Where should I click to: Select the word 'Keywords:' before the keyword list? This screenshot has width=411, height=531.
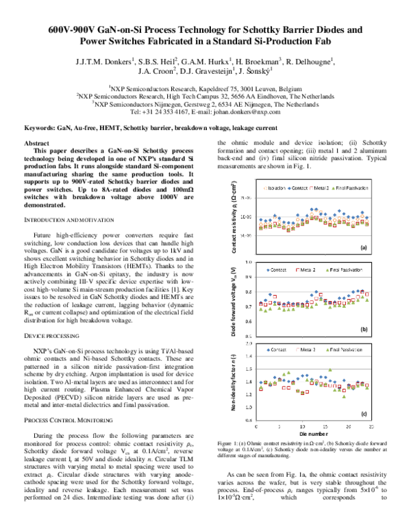40,128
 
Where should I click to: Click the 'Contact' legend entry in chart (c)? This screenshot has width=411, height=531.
278,349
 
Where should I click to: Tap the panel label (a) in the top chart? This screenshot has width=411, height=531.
364,247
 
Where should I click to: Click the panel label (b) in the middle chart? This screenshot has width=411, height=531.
364,329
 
